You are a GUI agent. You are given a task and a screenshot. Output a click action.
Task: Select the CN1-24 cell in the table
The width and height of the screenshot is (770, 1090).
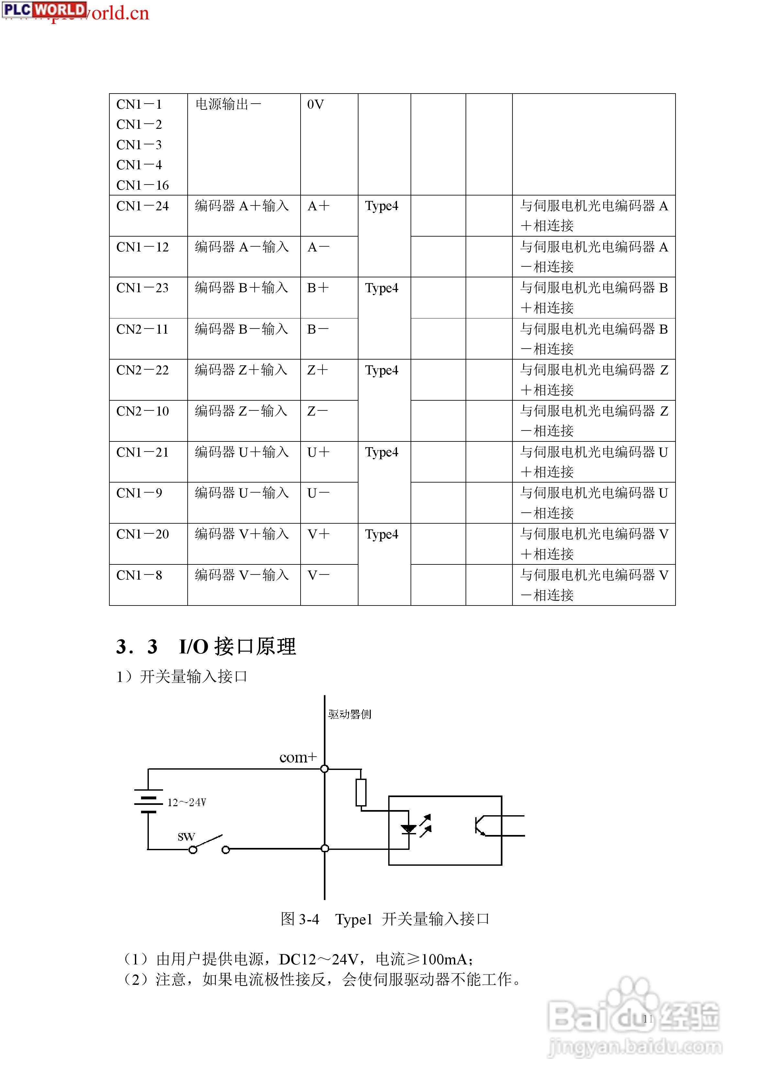(x=142, y=206)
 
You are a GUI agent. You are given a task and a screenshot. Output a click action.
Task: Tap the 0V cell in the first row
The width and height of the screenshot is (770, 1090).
(x=316, y=105)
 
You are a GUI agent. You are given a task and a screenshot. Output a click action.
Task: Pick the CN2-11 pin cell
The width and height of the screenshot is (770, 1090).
(x=142, y=329)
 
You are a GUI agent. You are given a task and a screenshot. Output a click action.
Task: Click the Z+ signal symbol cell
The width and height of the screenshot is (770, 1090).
(x=318, y=370)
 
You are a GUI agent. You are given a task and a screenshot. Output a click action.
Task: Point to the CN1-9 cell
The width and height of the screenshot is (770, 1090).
(x=139, y=493)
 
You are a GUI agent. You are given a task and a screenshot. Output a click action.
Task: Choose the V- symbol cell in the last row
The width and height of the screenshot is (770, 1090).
(x=318, y=575)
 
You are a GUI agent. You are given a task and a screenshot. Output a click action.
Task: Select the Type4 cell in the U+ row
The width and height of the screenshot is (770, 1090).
(x=382, y=452)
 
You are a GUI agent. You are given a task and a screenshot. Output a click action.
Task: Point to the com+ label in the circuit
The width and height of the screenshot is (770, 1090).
(x=298, y=758)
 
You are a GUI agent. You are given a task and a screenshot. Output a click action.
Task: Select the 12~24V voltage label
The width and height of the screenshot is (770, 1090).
(x=187, y=803)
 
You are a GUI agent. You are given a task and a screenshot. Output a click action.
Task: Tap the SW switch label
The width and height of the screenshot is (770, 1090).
(x=186, y=837)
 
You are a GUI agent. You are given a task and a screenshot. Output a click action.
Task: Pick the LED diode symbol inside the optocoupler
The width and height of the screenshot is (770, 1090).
(x=409, y=829)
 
